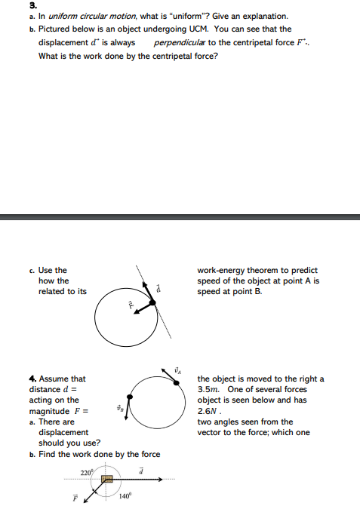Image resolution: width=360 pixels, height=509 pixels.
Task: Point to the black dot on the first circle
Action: (152, 302)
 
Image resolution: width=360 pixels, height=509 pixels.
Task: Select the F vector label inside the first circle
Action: (130, 305)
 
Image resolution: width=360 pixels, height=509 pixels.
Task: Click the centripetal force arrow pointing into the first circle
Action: (142, 309)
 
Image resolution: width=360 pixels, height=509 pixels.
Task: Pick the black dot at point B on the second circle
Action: (131, 396)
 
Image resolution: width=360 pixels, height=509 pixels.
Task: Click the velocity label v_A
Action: (178, 369)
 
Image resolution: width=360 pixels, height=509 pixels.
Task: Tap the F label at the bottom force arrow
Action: (75, 498)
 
